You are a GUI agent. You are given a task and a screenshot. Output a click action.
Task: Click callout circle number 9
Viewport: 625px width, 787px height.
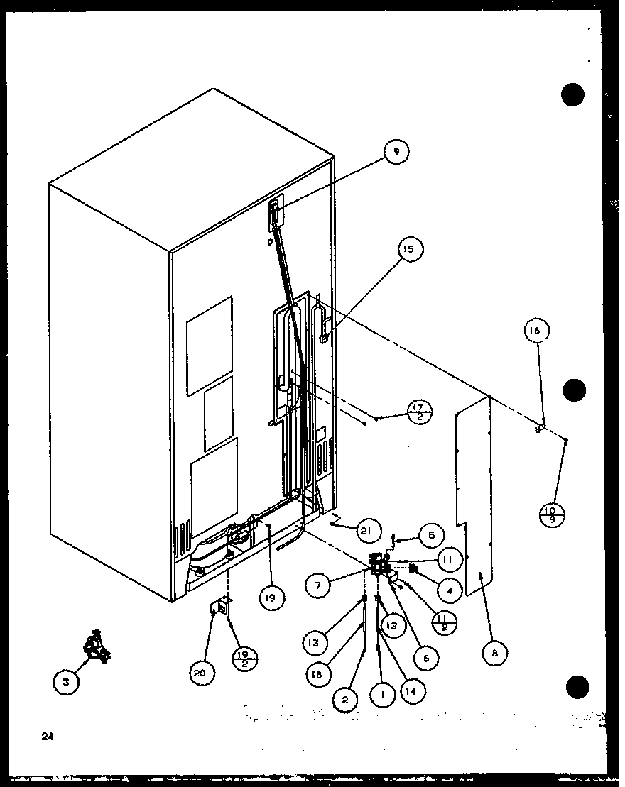point(396,150)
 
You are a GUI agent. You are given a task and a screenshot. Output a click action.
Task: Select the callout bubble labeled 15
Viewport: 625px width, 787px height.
point(410,249)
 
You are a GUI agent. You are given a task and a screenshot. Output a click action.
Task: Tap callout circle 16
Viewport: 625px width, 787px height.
point(538,330)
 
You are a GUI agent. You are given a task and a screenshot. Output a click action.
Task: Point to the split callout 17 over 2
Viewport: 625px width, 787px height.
point(420,412)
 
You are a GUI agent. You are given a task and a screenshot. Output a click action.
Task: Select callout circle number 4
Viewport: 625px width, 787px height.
point(450,588)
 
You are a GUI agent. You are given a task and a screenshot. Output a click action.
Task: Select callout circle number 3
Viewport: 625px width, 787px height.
point(66,683)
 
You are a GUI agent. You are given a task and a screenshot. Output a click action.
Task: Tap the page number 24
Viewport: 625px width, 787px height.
point(48,737)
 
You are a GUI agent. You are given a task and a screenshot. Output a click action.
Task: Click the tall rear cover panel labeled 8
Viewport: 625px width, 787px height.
point(474,497)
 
